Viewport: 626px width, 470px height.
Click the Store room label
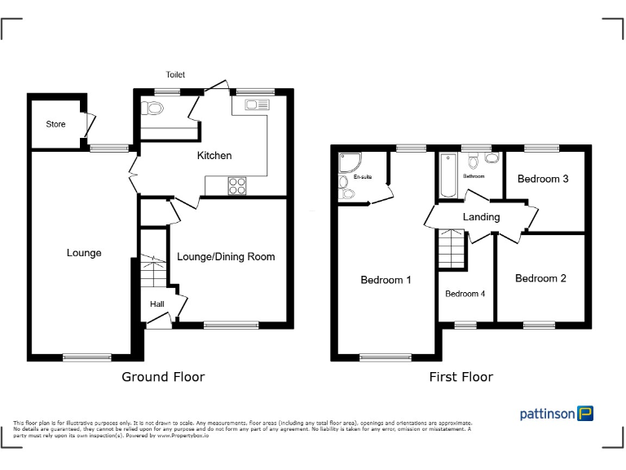tap(55, 124)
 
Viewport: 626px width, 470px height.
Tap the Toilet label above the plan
tap(175, 74)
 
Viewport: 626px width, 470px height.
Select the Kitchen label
tap(214, 155)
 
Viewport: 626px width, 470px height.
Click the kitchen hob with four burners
tap(237, 185)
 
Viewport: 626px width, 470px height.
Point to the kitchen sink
tap(256, 104)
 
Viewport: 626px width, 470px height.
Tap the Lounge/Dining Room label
tap(226, 256)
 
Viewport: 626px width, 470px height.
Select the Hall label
tap(156, 304)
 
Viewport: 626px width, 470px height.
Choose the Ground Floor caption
tap(163, 376)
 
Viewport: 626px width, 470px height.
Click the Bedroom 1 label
tap(386, 280)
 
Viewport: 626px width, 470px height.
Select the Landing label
tap(481, 217)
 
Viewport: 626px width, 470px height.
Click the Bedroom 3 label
tap(543, 179)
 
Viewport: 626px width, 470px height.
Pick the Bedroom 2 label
tap(540, 278)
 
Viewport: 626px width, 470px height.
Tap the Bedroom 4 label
tap(465, 294)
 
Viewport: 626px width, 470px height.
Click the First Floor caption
tap(461, 376)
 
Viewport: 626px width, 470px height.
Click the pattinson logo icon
tap(585, 414)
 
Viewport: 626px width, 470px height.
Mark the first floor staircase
tap(452, 250)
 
